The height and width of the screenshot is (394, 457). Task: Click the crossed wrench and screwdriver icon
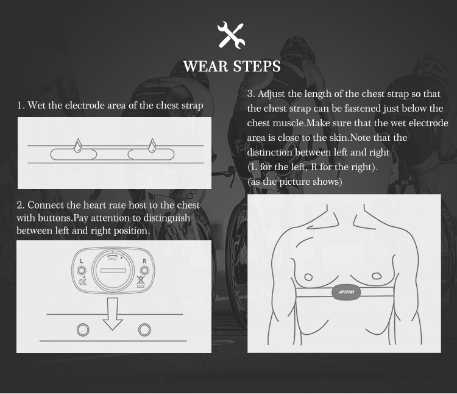(231, 35)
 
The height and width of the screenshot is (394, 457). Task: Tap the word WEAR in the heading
(205, 66)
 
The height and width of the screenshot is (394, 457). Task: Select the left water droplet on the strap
(77, 146)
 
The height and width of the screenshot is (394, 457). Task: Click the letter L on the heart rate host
(81, 260)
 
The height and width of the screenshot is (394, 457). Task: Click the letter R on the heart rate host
(144, 260)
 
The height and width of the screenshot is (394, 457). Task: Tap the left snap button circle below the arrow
(82, 330)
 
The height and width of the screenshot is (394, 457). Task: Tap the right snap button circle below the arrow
(144, 330)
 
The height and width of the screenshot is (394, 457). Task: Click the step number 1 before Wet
(20, 106)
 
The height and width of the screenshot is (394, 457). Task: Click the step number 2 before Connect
(19, 206)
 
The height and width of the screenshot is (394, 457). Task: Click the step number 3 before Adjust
(251, 94)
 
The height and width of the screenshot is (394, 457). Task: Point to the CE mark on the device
(82, 281)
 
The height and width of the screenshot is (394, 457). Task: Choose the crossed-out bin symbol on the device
(141, 281)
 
